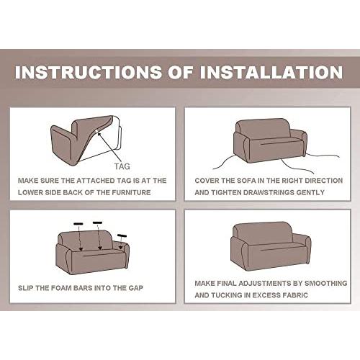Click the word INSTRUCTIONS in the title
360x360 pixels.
[x=89, y=72]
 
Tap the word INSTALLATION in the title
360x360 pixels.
[x=271, y=72]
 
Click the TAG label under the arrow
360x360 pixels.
[x=122, y=166]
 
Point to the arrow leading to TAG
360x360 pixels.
[x=109, y=147]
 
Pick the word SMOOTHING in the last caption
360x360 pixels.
[x=325, y=283]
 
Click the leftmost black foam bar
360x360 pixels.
[x=78, y=224]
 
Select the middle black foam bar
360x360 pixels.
[x=97, y=222]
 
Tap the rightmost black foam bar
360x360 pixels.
[x=122, y=235]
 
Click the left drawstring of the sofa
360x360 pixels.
[x=225, y=162]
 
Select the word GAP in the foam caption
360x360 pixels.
[x=135, y=288]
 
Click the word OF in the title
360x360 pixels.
[x=181, y=72]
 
